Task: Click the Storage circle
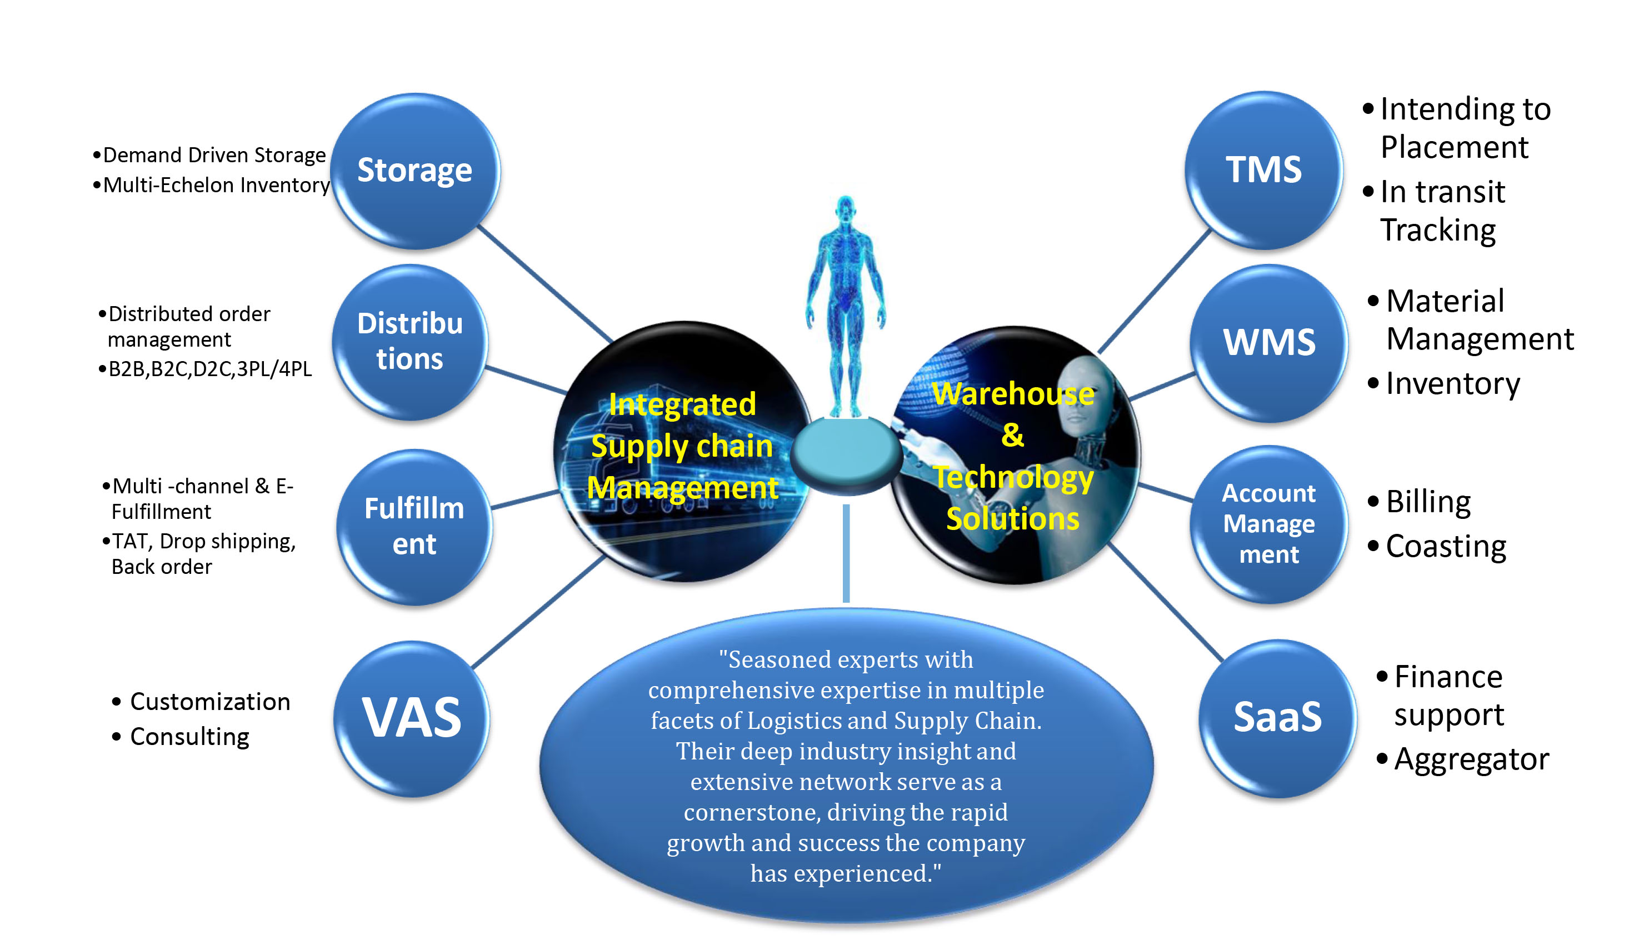pyautogui.click(x=415, y=171)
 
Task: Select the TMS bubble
pyautogui.click(x=1263, y=169)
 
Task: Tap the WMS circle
pyautogui.click(x=1269, y=343)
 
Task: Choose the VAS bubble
pyautogui.click(x=412, y=718)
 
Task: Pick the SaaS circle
pyautogui.click(x=1277, y=718)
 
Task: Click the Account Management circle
pyautogui.click(x=1269, y=524)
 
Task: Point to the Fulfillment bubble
pyautogui.click(x=414, y=526)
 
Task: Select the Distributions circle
pyautogui.click(x=409, y=341)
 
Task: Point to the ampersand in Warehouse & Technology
pyautogui.click(x=1012, y=435)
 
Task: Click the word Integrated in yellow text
pyautogui.click(x=682, y=404)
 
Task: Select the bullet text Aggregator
pyautogui.click(x=1471, y=759)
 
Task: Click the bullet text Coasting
pyautogui.click(x=1446, y=547)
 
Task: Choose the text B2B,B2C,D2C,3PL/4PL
pyautogui.click(x=209, y=369)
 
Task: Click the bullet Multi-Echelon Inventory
pyautogui.click(x=216, y=186)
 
